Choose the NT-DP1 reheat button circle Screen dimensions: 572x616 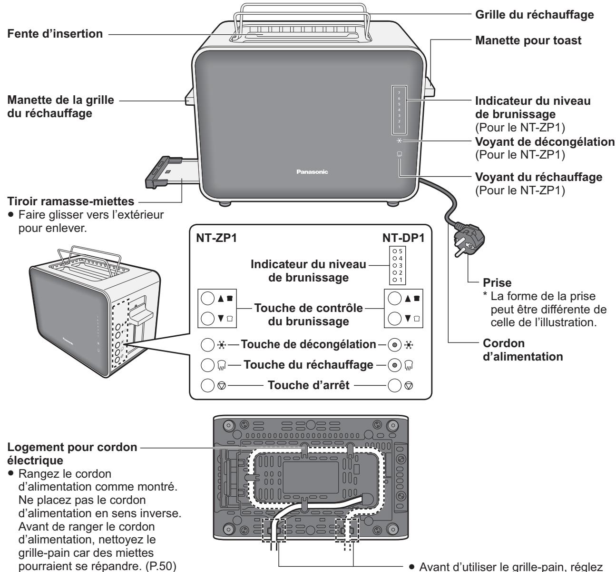point(394,365)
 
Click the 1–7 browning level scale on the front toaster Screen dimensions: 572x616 point(399,110)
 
